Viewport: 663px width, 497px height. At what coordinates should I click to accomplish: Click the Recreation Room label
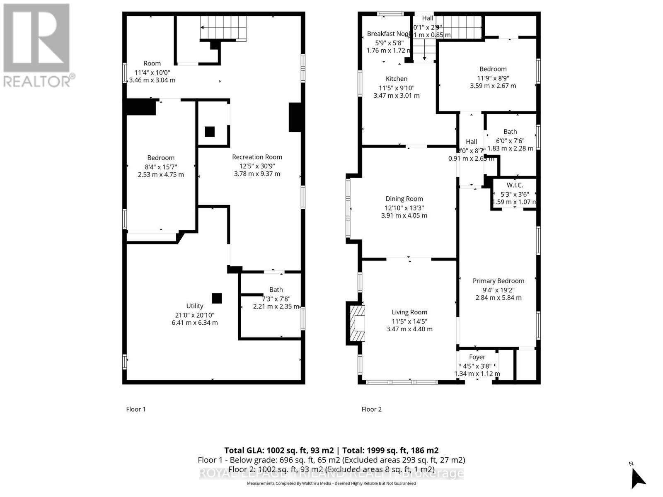pos(257,157)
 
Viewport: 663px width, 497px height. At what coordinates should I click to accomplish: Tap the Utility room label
pos(194,306)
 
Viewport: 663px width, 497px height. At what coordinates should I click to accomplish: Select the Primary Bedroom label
pos(498,281)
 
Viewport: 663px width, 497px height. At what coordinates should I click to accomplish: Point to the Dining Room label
pos(404,199)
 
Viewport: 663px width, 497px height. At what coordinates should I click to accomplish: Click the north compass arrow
pos(638,479)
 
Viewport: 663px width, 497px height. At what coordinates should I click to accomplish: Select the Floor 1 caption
pos(136,409)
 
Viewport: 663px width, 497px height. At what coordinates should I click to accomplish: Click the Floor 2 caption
pos(371,409)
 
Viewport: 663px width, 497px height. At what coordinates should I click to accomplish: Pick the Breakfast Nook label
pos(387,34)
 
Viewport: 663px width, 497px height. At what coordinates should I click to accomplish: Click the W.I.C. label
pos(515,185)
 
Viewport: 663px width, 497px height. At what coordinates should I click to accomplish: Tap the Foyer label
pos(477,357)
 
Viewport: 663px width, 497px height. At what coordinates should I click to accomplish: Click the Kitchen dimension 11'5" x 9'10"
pos(396,88)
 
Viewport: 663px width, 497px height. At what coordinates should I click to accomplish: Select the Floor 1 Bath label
pos(276,290)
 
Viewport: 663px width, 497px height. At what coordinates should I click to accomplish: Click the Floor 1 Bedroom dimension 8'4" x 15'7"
pos(161,166)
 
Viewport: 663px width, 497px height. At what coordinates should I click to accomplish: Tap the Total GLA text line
pos(331,450)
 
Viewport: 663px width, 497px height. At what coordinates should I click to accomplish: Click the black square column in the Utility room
pos(217,298)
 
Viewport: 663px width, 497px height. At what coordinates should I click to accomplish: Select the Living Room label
pos(409,312)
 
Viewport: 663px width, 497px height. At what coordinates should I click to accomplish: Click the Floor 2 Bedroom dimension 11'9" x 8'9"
pos(493,78)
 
